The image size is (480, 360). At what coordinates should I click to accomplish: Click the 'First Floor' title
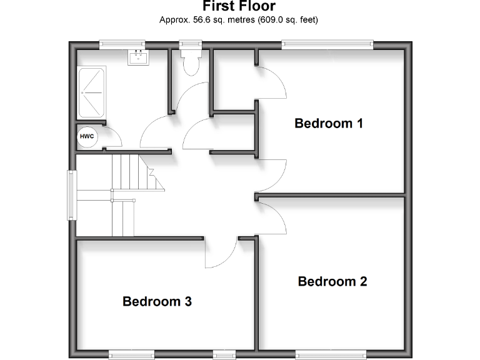(239, 6)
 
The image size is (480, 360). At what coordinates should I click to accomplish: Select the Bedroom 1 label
(329, 123)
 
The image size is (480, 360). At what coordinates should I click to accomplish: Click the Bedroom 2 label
(332, 281)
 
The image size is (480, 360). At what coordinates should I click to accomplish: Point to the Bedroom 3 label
(157, 302)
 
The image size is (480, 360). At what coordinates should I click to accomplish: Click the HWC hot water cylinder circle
(86, 136)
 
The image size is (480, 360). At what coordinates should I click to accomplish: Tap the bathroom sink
(137, 58)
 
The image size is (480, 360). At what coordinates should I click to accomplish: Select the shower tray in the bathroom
(92, 92)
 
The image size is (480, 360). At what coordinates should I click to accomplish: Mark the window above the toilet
(189, 44)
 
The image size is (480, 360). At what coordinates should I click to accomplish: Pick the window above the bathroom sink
(122, 44)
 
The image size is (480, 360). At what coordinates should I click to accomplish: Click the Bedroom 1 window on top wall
(327, 44)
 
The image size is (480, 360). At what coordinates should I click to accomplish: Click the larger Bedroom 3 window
(132, 354)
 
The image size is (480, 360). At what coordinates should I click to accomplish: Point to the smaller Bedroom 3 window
(224, 354)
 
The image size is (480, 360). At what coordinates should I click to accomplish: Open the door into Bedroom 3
(220, 253)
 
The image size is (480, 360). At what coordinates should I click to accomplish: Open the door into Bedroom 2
(272, 216)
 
